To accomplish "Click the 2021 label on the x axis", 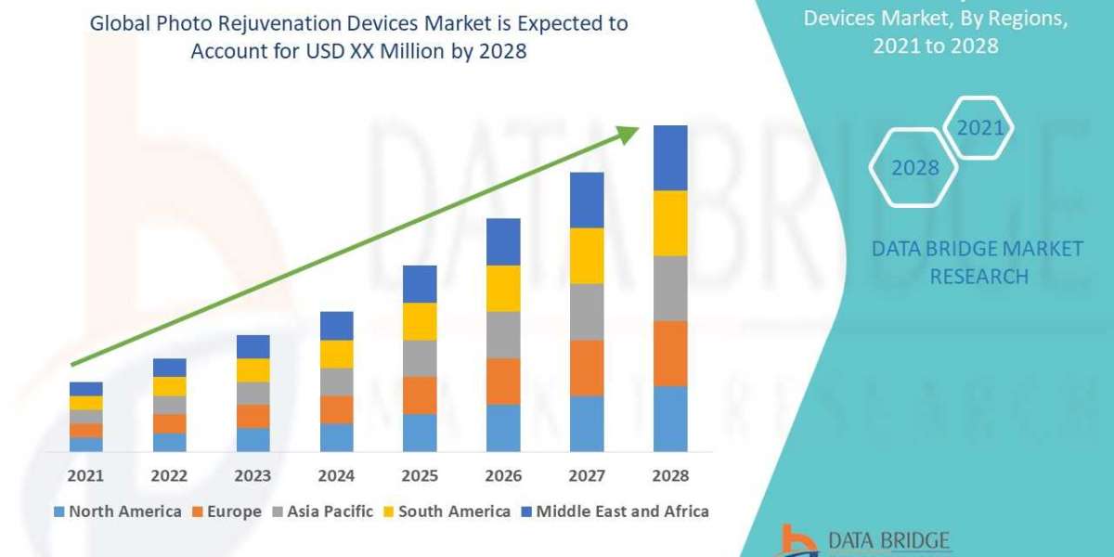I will tap(85, 475).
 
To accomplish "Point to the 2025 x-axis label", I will tap(420, 475).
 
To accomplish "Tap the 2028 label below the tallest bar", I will tap(670, 475).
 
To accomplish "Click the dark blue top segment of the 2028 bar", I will tap(670, 158).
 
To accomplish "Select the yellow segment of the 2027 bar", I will tap(587, 255).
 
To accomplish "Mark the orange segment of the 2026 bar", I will tap(503, 381).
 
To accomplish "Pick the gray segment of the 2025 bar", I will tap(420, 358).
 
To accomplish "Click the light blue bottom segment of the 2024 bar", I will tap(336, 437).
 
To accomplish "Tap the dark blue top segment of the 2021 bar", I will tap(85, 388).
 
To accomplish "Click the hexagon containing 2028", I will tap(913, 168).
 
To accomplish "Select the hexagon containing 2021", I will tap(979, 128).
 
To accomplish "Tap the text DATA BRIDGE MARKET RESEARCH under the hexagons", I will tap(978, 263).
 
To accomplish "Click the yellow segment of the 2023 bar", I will tap(253, 369).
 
